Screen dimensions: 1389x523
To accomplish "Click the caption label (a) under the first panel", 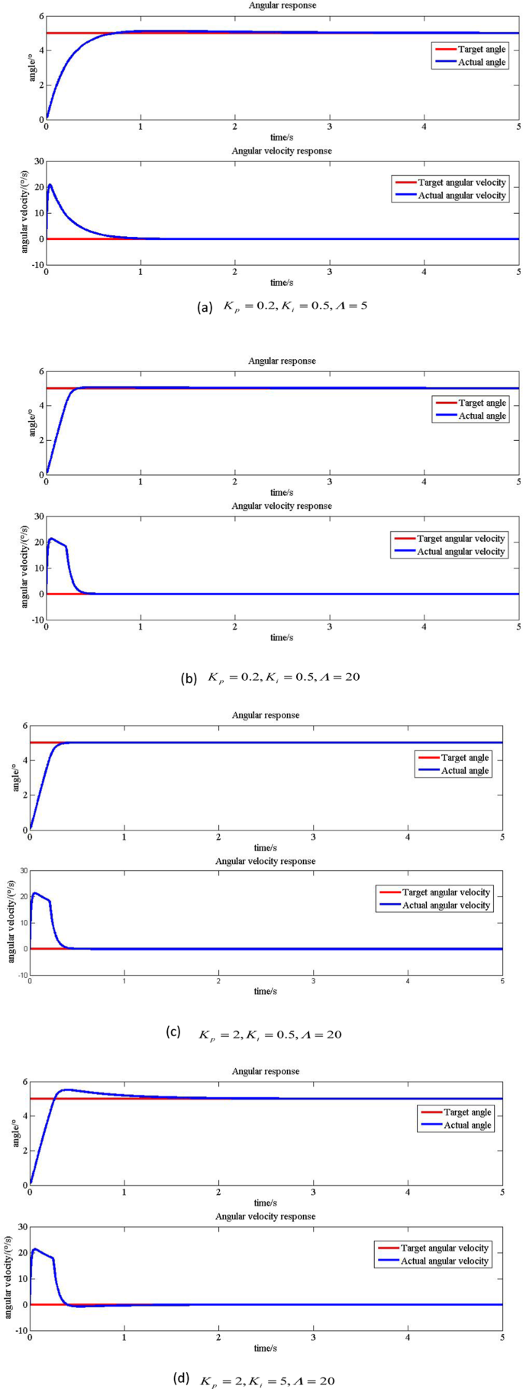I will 204,307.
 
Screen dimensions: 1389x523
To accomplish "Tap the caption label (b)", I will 189,677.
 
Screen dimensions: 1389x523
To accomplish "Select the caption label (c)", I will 173,1031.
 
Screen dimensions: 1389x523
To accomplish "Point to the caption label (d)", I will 181,1378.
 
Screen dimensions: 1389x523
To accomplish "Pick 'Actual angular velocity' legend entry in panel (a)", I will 461,196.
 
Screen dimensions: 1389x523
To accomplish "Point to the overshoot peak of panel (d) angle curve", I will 66,1090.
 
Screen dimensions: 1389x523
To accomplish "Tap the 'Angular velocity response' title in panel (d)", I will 265,1216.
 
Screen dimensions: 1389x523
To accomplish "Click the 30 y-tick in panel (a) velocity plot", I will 36,161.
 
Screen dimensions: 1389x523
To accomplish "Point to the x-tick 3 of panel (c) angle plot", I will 314,838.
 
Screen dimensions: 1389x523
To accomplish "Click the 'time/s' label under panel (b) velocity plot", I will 282,638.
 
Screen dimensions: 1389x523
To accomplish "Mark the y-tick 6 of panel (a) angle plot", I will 38,16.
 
